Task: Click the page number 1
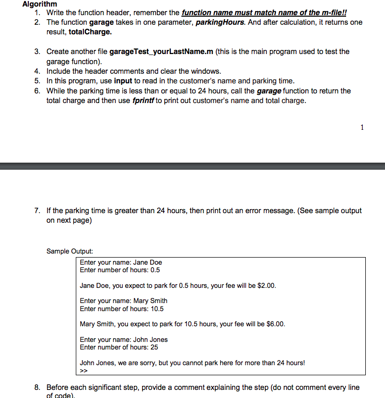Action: [x=362, y=128]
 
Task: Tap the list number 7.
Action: [x=37, y=211]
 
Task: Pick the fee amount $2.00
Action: [x=266, y=285]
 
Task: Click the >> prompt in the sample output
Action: [x=84, y=370]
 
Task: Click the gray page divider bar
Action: [x=192, y=166]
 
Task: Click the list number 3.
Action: [x=37, y=52]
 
